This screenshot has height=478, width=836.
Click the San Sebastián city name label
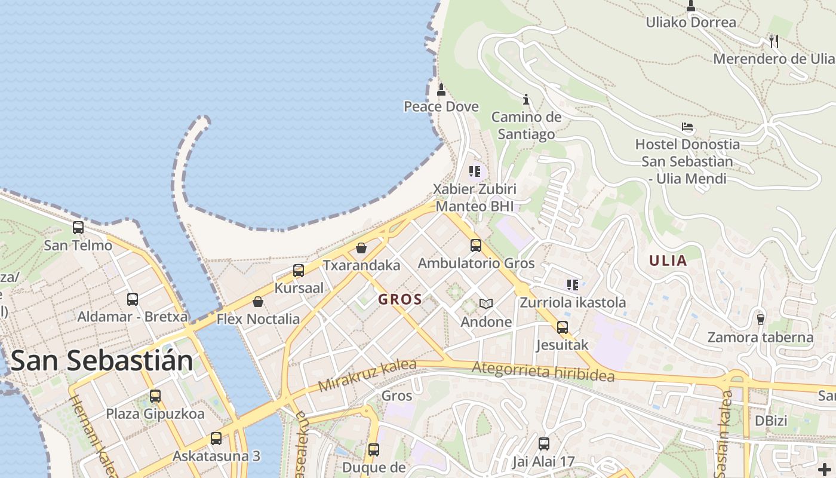[102, 361]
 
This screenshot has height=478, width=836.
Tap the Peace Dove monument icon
[441, 90]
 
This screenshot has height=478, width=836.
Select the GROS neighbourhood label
[400, 300]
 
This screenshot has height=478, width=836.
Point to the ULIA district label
[668, 261]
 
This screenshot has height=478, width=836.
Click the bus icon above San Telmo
[78, 228]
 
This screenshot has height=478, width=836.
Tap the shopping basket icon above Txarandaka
[361, 248]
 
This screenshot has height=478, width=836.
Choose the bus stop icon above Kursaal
[299, 271]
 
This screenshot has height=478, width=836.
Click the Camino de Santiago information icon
[526, 99]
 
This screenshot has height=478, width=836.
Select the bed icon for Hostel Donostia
[687, 127]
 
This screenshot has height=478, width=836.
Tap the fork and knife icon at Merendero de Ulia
[774, 41]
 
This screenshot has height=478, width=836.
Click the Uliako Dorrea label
[691, 23]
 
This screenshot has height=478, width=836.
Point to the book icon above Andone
[487, 304]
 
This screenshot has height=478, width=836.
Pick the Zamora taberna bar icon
[760, 319]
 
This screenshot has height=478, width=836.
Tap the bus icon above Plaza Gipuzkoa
[155, 396]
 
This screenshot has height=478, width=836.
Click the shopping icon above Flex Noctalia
[258, 302]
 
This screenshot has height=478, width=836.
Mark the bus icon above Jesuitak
[562, 327]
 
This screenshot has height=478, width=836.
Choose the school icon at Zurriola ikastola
[573, 285]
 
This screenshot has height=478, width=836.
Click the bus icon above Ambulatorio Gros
[476, 246]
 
